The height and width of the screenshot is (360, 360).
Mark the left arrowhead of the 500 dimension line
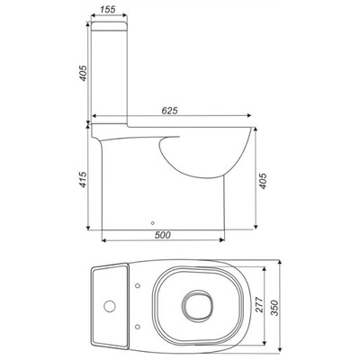click(101, 241)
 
